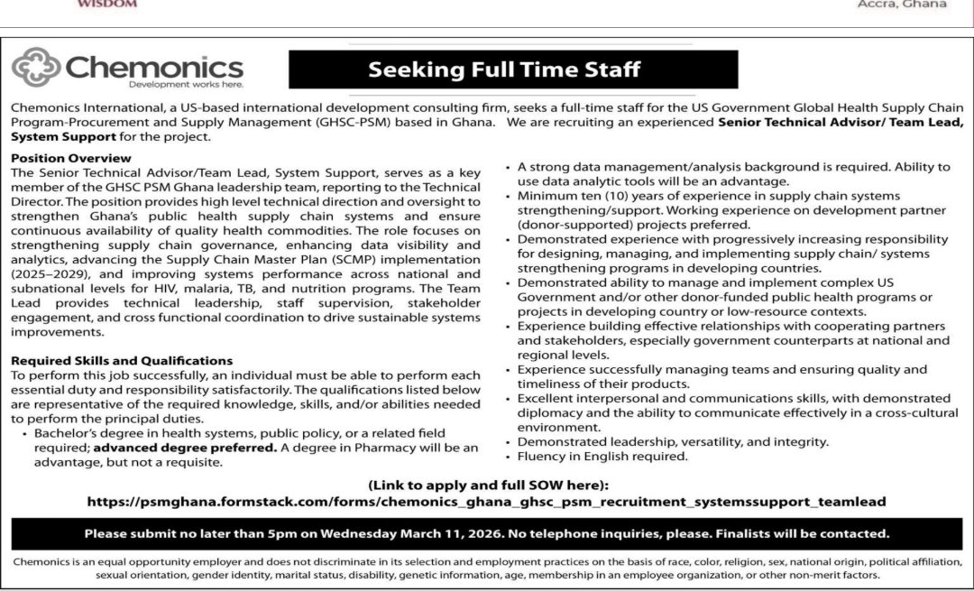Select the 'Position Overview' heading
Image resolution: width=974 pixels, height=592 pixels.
pyautogui.click(x=71, y=158)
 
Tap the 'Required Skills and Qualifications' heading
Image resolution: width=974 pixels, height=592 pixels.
pyautogui.click(x=122, y=361)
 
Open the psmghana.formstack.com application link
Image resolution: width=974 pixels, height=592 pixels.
pyautogui.click(x=487, y=502)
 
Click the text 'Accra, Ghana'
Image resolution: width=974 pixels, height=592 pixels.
pyautogui.click(x=902, y=5)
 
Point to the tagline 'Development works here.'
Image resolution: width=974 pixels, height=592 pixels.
pyautogui.click(x=186, y=85)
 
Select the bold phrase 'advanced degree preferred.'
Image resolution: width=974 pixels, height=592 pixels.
pyautogui.click(x=186, y=447)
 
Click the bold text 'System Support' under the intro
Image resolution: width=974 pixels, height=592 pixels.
pyautogui.click(x=63, y=137)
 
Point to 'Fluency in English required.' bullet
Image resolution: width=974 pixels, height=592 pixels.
pyautogui.click(x=602, y=457)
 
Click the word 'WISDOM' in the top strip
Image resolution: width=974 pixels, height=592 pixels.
pyautogui.click(x=107, y=4)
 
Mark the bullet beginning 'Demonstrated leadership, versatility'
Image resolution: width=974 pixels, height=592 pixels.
pyautogui.click(x=672, y=442)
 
